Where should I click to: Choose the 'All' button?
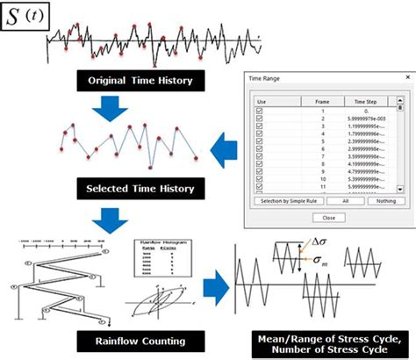click(x=343, y=202)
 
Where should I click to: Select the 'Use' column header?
click(x=261, y=101)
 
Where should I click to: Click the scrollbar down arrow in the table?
click(x=399, y=189)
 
